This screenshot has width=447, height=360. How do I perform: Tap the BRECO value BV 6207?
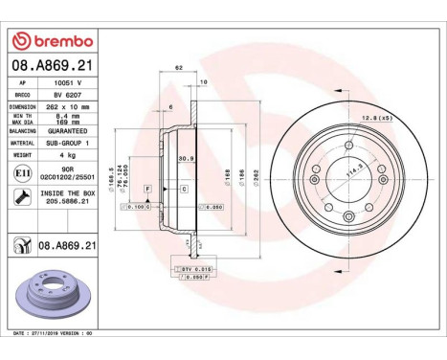click(x=64, y=96)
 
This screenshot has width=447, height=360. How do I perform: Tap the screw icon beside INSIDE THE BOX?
click(x=21, y=197)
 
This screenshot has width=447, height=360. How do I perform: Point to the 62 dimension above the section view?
click(x=179, y=68)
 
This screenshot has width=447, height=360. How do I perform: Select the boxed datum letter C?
click(x=184, y=190)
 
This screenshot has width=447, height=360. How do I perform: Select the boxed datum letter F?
click(x=148, y=190)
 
